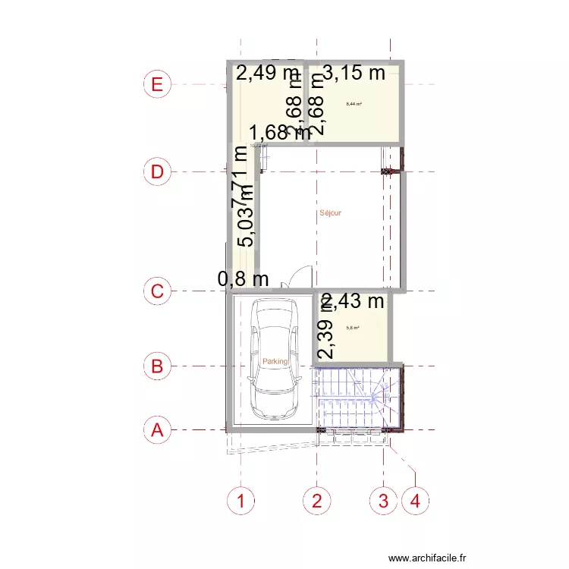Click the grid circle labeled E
[157, 83]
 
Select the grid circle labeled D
[157, 172]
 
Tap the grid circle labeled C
[157, 291]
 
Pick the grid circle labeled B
[157, 366]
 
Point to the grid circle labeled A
[157, 430]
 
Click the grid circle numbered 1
[241, 501]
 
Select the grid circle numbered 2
[317, 501]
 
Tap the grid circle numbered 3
[383, 501]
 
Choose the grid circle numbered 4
[415, 501]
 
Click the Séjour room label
[330, 213]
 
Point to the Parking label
[275, 362]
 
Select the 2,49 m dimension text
[268, 73]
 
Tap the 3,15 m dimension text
[354, 73]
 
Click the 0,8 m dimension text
[244, 279]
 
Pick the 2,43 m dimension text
[354, 301]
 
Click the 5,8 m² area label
[353, 329]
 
